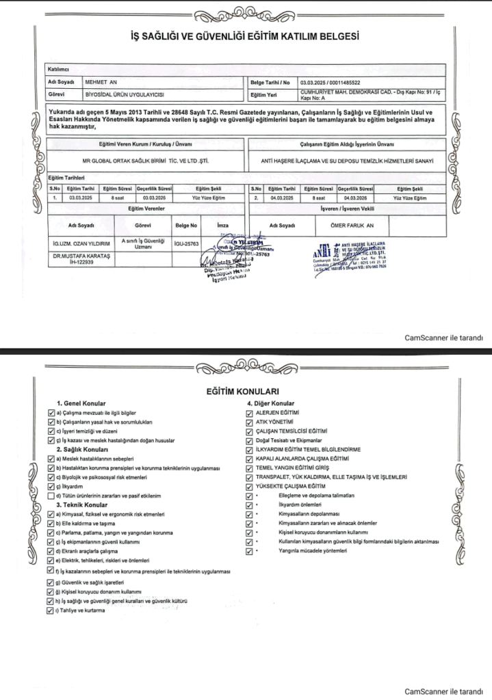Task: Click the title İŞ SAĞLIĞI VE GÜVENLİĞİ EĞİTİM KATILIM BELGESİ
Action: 245,37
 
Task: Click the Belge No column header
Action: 186,224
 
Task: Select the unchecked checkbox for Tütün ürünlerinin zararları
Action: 50,496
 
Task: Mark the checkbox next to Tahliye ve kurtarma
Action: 50,610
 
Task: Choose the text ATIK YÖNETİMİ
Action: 274,423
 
